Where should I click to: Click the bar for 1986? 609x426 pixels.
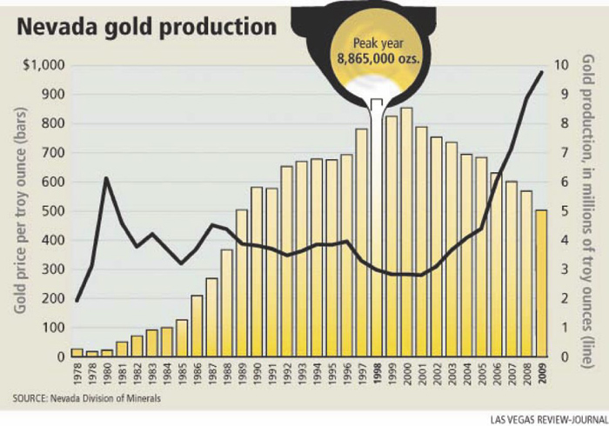coord(197,326)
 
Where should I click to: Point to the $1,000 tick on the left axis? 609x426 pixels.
coord(42,65)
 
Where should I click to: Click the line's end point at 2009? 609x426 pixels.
coord(541,72)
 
